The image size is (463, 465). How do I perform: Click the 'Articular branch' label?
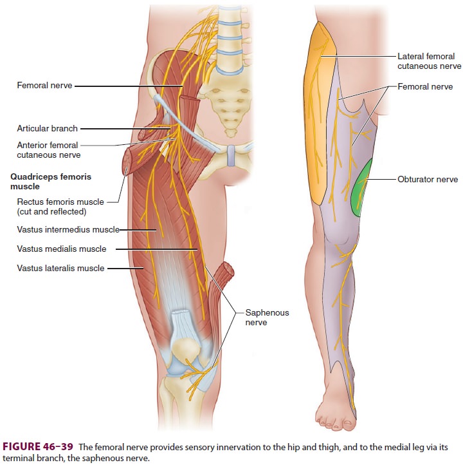point(48,128)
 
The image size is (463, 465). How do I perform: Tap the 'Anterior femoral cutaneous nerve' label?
point(48,150)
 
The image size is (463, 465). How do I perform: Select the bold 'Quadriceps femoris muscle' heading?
point(51,182)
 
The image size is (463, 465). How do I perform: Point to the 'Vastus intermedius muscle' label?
point(68,229)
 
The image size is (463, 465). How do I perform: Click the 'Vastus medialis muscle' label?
point(62,249)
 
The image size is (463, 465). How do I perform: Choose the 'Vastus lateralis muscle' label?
point(60,268)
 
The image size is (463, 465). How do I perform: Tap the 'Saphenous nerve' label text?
point(267,318)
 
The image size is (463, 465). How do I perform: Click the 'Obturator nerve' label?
point(428,180)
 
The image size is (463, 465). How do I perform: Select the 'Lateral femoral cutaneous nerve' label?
point(430,61)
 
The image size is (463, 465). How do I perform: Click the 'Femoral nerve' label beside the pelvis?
point(45,86)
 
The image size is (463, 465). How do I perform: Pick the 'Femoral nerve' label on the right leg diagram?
point(425,86)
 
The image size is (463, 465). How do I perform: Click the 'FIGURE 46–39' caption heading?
point(38,446)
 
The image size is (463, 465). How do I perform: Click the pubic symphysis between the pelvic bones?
point(231,156)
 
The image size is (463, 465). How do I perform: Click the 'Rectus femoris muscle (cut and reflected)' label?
point(60,207)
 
